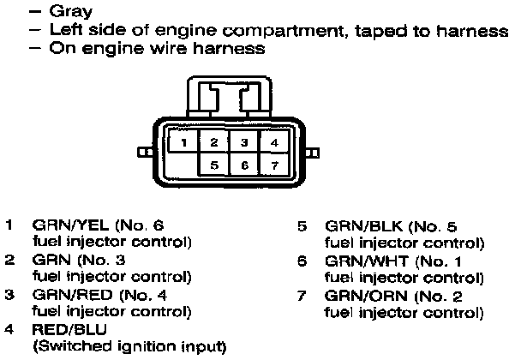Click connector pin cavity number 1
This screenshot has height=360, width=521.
point(185,141)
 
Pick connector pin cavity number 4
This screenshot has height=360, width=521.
point(272,141)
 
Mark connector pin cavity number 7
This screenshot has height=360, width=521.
point(272,163)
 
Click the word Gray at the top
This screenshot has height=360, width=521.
point(72,13)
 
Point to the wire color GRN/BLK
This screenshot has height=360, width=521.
point(355,226)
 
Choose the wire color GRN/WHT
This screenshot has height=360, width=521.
point(356,261)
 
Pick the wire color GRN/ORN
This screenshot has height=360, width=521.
point(356,295)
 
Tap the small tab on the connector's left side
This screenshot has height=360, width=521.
point(142,153)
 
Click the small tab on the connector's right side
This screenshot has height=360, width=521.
point(314,153)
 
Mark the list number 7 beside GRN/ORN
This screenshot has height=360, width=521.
point(302,295)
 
